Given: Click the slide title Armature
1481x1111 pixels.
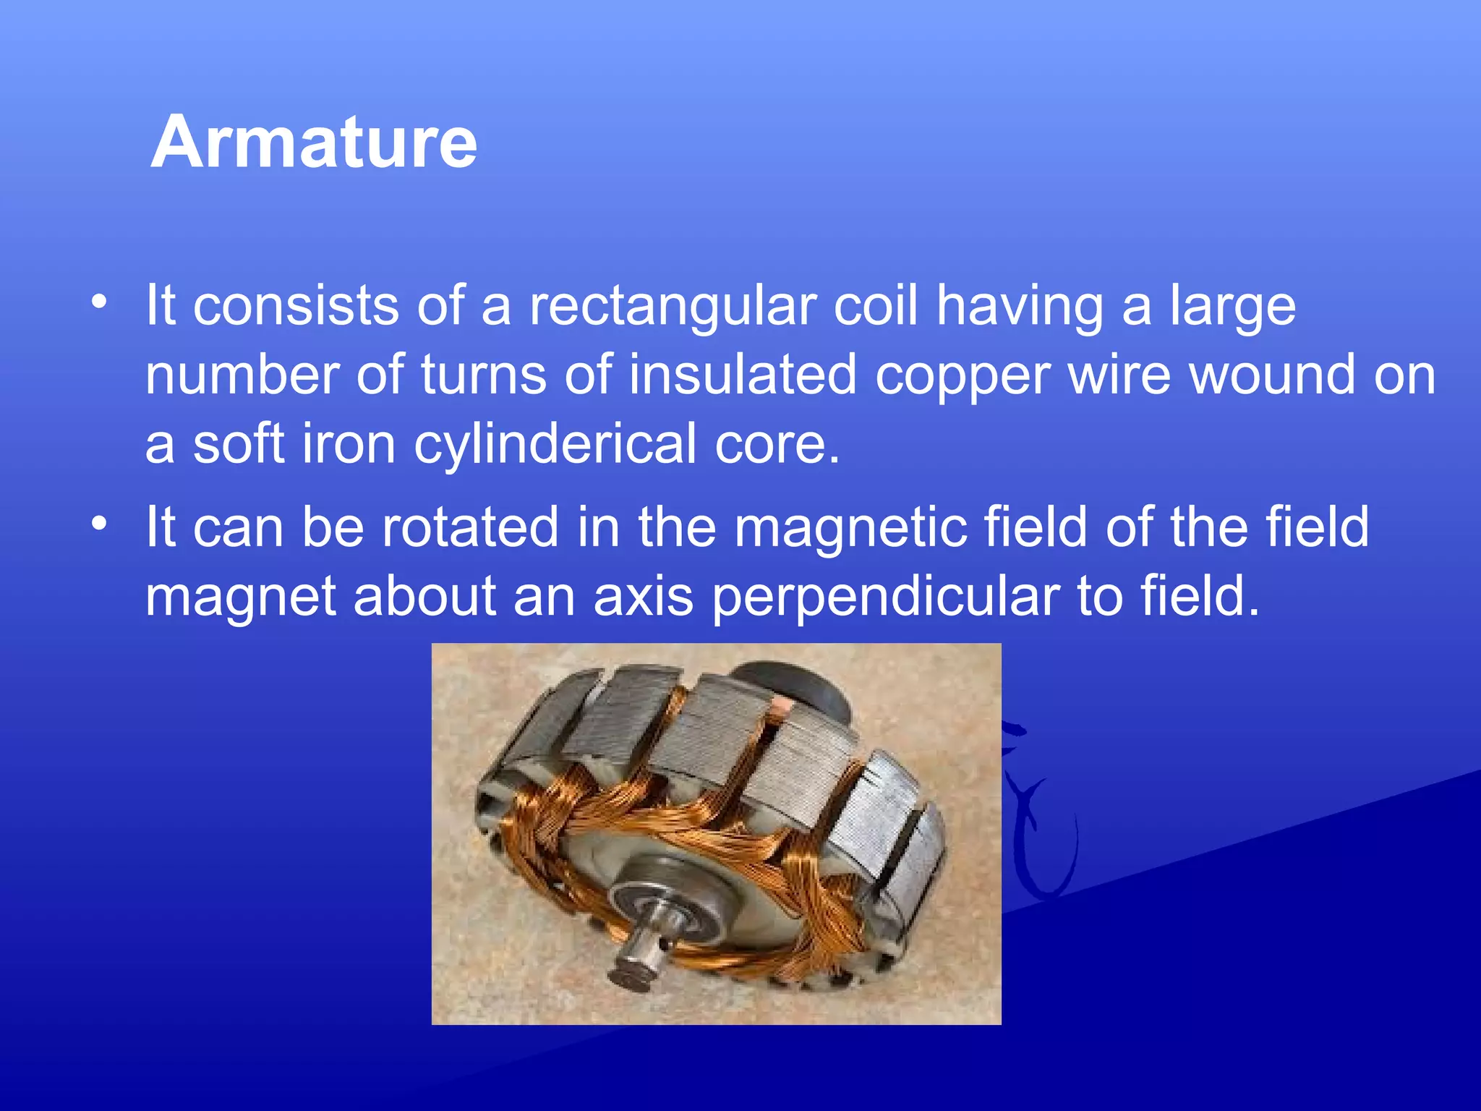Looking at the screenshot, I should (x=314, y=142).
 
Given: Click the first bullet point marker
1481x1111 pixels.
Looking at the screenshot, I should (x=99, y=300).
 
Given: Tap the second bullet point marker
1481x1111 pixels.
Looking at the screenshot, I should (x=99, y=522).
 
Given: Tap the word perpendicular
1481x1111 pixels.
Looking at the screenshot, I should (x=886, y=597).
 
